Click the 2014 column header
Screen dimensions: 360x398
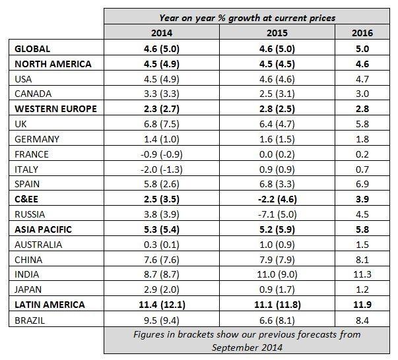coord(163,33)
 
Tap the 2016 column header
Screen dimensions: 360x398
coord(362,33)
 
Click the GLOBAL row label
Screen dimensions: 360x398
coord(32,49)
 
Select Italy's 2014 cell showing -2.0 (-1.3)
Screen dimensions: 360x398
coord(163,169)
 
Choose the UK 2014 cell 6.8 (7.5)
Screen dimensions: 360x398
coord(163,124)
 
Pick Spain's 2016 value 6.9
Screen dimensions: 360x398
coord(362,184)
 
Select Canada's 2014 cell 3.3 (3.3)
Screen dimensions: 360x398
coord(163,94)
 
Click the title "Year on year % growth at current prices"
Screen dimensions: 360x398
coord(248,17)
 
